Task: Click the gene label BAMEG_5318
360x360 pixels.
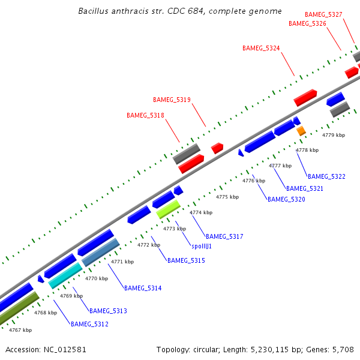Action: [x=145, y=115]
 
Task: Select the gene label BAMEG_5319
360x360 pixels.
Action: [x=172, y=100]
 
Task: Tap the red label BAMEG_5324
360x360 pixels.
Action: [x=261, y=48]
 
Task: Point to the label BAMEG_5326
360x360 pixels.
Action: [x=307, y=24]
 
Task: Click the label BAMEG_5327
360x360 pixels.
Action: [x=323, y=14]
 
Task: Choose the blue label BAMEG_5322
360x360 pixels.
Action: [x=326, y=177]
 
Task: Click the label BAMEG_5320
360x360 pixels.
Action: [x=286, y=199]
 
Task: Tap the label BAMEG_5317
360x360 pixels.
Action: [x=224, y=237]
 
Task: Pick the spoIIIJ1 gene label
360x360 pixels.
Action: [x=202, y=247]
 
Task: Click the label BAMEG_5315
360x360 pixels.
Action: [x=186, y=261]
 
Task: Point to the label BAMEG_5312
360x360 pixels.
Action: [x=89, y=325]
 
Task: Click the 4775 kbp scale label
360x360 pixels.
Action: [x=227, y=197]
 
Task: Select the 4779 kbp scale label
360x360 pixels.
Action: [x=334, y=136]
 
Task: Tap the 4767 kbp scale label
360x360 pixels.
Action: [x=20, y=330]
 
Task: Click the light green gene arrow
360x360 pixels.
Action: [x=168, y=209]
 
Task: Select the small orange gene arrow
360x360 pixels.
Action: [x=301, y=130]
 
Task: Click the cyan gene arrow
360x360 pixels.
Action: [x=65, y=276]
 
